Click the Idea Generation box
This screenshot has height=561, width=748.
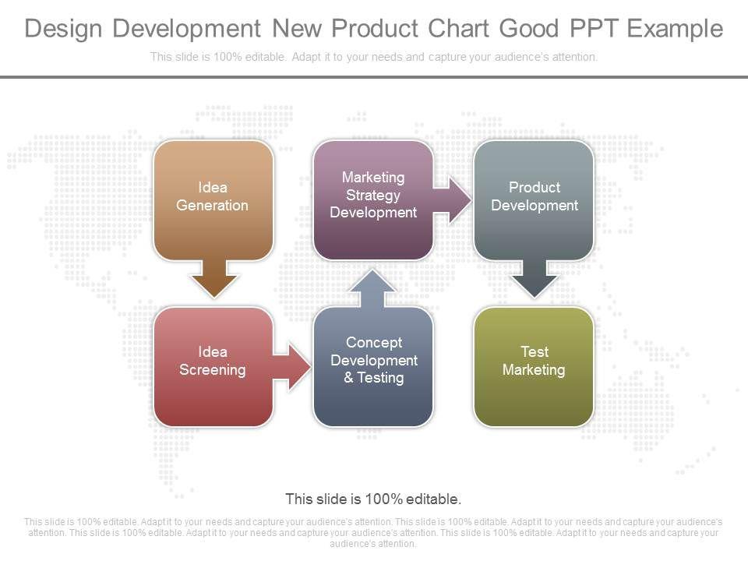point(213,200)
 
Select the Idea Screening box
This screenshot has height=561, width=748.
point(213,366)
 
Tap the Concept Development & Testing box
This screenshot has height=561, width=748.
point(373,366)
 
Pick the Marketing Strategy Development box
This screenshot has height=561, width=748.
point(373,200)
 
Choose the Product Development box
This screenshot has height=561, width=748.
point(534,200)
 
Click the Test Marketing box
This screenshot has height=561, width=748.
point(534,366)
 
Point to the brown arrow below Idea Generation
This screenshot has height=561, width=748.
point(213,279)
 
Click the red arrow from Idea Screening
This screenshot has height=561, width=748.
point(291,367)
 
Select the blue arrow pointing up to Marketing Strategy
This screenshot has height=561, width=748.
point(372,288)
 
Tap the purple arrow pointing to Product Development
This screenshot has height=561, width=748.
point(452,200)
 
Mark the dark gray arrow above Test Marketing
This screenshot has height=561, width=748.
point(535,279)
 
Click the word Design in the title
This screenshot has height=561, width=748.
point(63,29)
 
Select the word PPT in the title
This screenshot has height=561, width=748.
point(593,28)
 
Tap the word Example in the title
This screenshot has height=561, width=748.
point(675,29)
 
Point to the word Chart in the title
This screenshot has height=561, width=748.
point(459,28)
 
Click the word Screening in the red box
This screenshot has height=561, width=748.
point(213,370)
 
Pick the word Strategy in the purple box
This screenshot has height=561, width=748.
point(373,196)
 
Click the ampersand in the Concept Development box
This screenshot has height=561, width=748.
point(349,378)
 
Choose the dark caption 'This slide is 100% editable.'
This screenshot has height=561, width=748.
point(373,499)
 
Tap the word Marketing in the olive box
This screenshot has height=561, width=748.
point(534,370)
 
